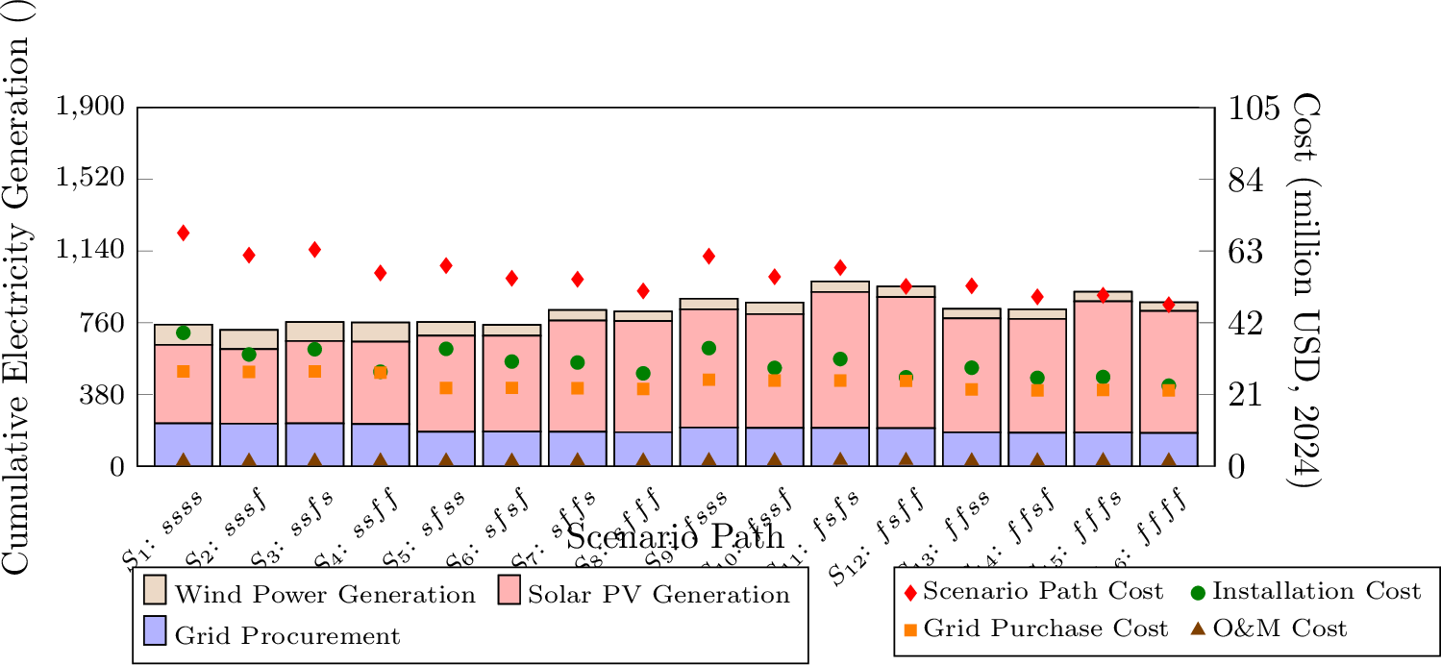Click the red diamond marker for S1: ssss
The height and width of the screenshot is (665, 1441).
coord(183,233)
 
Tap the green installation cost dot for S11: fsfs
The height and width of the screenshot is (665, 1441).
coord(840,359)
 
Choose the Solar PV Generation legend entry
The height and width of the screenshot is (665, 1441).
coord(644,594)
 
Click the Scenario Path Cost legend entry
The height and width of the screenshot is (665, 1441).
coord(1033,591)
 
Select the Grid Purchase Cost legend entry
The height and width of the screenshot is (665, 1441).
coord(1036,628)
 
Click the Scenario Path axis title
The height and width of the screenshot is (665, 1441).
coord(675,536)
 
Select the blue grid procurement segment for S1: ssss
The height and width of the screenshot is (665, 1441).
coord(183,444)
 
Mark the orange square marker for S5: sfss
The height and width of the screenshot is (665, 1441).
coord(446,388)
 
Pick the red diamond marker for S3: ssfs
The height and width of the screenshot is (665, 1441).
coord(314,249)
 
